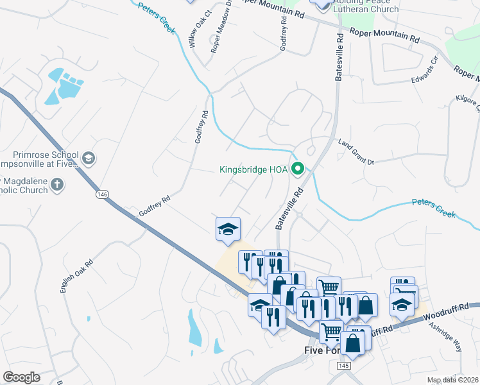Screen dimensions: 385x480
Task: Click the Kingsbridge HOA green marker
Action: click(298, 170)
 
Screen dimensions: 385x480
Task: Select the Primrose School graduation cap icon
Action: click(88, 158)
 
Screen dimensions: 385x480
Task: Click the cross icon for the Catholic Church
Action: click(57, 185)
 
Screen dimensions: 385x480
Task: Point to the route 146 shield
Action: click(101, 194)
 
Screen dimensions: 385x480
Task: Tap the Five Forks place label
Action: click(325, 350)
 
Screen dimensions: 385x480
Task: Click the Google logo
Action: click(21, 377)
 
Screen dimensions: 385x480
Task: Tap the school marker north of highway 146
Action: click(228, 230)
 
